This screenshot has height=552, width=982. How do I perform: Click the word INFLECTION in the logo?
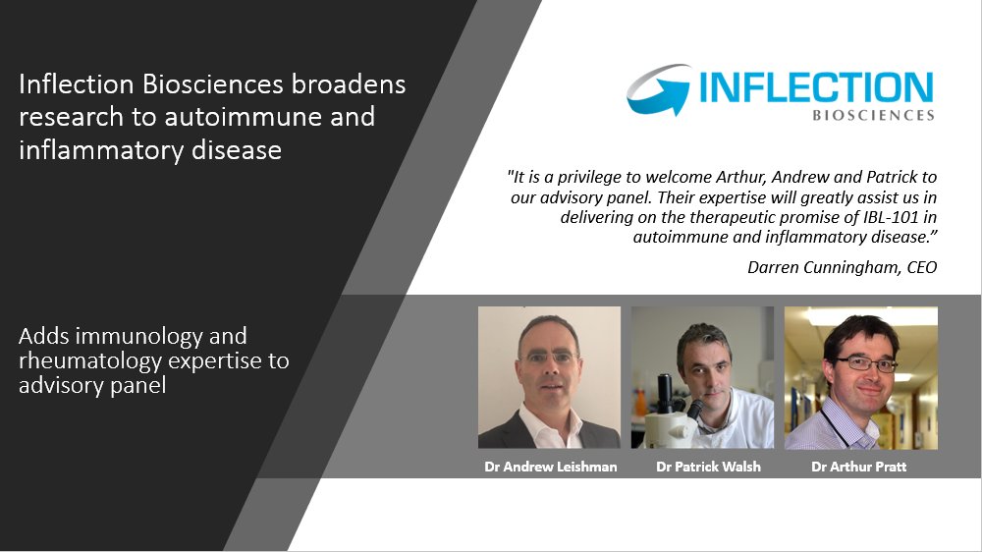(815, 88)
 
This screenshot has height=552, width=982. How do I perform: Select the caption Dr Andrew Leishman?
(550, 467)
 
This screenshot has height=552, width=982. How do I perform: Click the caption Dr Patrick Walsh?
(702, 467)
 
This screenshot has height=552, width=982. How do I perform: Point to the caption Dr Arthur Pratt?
(858, 467)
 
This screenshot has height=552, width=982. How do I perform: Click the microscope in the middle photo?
(668, 413)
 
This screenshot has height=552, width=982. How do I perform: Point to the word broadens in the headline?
(350, 84)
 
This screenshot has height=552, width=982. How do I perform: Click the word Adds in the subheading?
(41, 337)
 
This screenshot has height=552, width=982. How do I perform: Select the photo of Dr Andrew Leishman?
(549, 377)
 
